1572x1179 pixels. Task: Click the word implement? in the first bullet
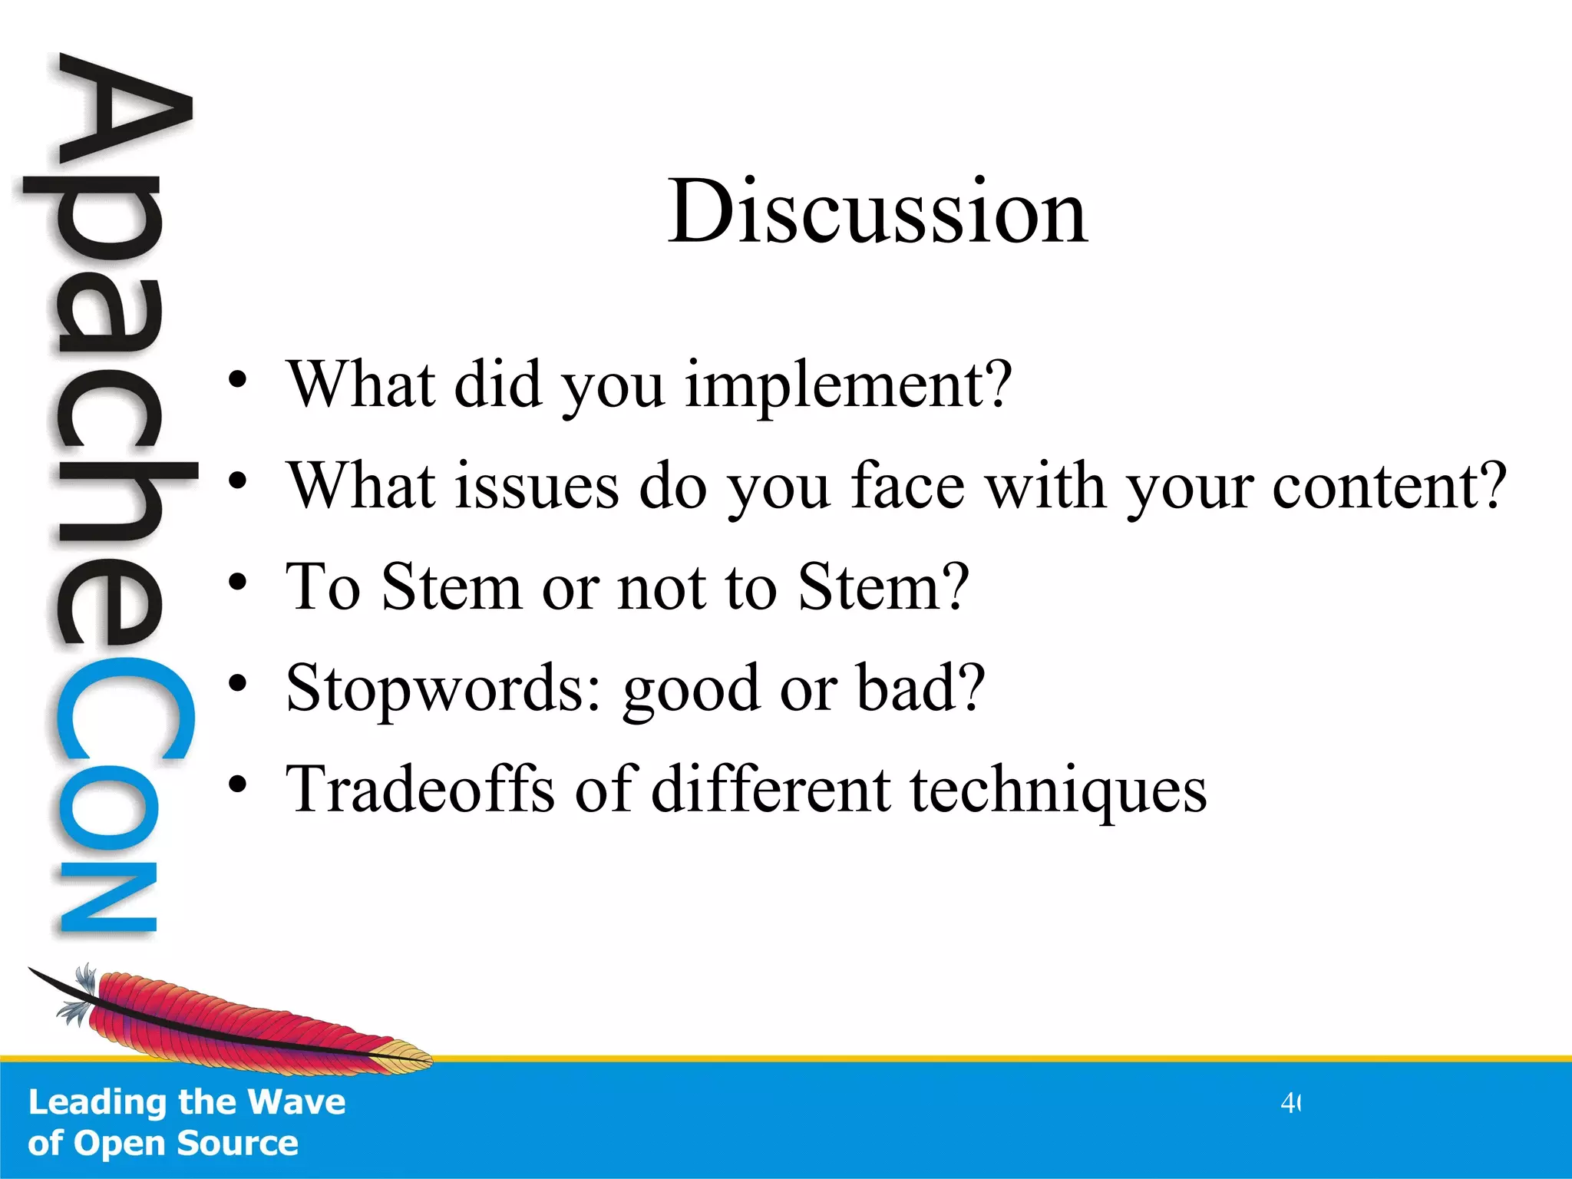[x=847, y=385]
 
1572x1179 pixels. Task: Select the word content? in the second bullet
[x=1389, y=487]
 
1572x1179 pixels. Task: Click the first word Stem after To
[x=451, y=587]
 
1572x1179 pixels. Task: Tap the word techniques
[x=1058, y=791]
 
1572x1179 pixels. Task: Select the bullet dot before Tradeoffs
[x=237, y=784]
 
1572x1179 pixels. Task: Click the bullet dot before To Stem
[x=237, y=583]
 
